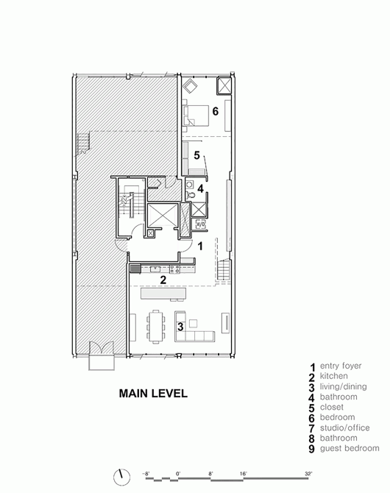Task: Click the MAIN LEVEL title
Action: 153,394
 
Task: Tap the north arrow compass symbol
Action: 121,477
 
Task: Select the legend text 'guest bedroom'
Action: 350,448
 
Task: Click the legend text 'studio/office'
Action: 344,428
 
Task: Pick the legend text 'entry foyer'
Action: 341,366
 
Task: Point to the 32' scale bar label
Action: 308,473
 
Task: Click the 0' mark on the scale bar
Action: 178,473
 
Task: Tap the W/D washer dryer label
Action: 201,224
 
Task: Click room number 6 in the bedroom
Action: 215,111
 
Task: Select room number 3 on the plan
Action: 180,327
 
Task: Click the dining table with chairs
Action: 156,327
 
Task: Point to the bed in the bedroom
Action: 196,116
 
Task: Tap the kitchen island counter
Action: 163,294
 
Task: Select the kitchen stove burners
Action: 175,269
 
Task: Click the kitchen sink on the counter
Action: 155,269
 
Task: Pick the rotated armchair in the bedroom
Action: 191,86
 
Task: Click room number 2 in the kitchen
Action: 163,280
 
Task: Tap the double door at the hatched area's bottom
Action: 102,349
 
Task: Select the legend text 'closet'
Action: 331,407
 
